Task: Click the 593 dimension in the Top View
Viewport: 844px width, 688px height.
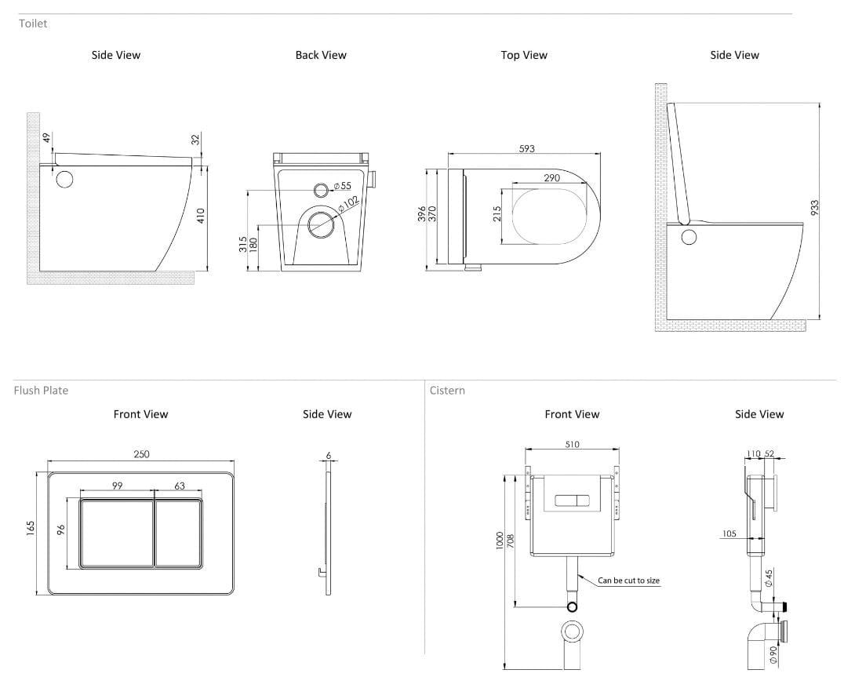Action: point(527,148)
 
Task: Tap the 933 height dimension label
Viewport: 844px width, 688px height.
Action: point(814,208)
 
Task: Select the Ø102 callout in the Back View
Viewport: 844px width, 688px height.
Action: point(349,203)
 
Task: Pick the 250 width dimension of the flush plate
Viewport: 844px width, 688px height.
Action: point(141,454)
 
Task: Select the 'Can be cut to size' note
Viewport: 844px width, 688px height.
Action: point(628,581)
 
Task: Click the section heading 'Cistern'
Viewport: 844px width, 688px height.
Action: point(447,390)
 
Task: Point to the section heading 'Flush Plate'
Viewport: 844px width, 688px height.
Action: point(41,390)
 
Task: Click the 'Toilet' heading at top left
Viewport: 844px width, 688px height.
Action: point(33,24)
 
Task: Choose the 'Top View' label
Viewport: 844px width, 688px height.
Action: point(524,55)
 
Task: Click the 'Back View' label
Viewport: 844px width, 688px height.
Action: point(321,55)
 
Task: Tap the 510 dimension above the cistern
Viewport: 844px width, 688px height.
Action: point(572,445)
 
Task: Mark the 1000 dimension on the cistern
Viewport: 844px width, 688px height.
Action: point(500,541)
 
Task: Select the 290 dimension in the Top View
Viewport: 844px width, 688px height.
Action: point(551,178)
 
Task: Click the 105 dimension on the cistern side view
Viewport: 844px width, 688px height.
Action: point(730,534)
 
